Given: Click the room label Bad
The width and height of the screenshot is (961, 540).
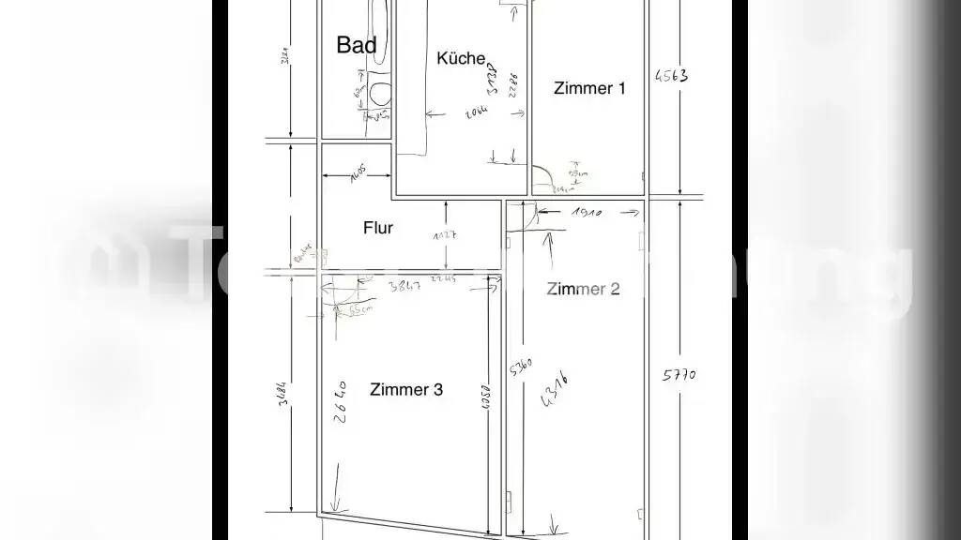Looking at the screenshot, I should tap(357, 45).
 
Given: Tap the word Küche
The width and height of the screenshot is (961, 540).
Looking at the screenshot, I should tap(462, 58).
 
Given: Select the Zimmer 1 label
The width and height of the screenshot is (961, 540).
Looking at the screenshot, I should tap(589, 89).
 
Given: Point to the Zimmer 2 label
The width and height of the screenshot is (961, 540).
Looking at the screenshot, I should tap(583, 289).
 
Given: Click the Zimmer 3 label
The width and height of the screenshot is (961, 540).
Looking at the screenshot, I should tap(406, 390).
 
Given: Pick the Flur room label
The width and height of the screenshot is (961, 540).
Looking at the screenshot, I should tap(378, 228).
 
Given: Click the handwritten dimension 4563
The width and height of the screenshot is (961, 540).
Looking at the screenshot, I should tap(671, 75).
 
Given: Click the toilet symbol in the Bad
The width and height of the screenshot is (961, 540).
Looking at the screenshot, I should tap(380, 93).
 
